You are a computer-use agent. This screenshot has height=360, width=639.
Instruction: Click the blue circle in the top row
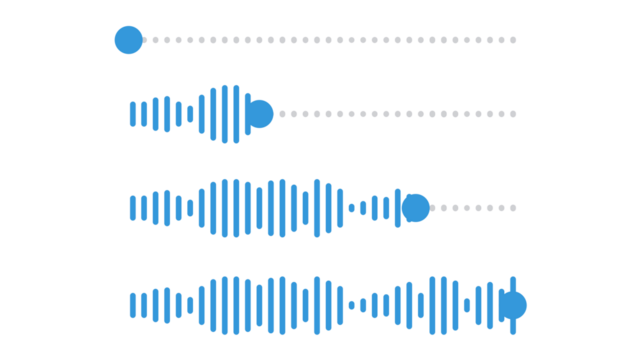[128, 40]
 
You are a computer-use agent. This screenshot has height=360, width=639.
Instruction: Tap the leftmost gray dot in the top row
[147, 40]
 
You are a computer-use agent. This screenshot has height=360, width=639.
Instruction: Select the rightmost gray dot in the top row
[514, 40]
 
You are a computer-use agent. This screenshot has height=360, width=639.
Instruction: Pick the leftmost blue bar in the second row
[133, 114]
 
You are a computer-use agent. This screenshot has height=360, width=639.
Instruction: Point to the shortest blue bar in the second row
[190, 114]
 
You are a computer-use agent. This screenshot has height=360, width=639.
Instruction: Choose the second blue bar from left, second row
[144, 114]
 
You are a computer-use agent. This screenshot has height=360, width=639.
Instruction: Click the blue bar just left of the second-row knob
[247, 114]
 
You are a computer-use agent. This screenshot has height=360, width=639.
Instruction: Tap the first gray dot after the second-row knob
[282, 114]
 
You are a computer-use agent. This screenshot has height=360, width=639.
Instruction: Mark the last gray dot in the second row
[514, 114]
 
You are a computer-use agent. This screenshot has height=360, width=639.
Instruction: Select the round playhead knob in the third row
[415, 208]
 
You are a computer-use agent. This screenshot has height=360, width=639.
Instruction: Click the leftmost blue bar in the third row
[133, 208]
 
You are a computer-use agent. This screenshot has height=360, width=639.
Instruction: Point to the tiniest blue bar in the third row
[351, 208]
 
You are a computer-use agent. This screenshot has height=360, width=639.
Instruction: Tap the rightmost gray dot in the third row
[514, 208]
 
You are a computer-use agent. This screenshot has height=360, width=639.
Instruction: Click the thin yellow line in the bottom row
[428, 305]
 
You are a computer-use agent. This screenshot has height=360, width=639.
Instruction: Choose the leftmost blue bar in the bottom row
[133, 305]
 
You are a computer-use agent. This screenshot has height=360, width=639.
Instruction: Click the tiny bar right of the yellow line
[467, 305]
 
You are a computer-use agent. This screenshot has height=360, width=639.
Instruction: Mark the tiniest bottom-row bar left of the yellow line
[351, 305]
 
